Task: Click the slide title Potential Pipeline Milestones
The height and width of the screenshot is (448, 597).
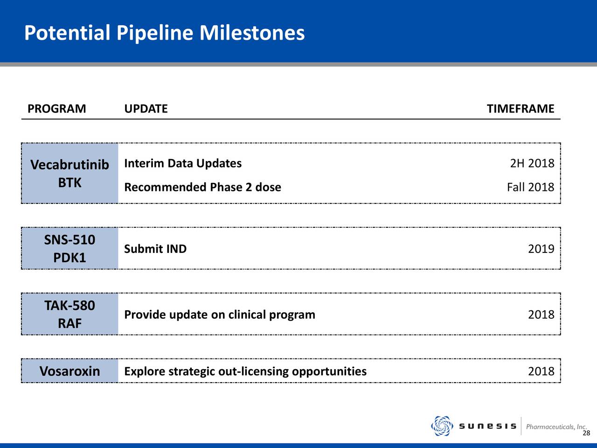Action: [165, 33]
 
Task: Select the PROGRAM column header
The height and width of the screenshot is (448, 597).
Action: [56, 109]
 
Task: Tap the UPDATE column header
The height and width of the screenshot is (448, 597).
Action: [146, 109]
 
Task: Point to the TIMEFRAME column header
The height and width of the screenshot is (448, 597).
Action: [521, 109]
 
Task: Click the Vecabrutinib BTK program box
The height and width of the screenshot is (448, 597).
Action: [69, 173]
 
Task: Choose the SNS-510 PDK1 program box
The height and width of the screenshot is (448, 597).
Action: [69, 248]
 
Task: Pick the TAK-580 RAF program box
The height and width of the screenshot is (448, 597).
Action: [69, 314]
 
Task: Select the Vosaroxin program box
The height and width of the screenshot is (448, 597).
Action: [69, 371]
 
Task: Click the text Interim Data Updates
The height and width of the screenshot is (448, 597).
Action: [183, 163]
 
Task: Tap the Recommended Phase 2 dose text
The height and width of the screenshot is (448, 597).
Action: [202, 187]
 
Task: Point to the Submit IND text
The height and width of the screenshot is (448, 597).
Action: [155, 249]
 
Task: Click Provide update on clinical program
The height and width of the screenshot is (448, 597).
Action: [220, 315]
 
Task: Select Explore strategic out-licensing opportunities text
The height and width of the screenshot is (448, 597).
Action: [245, 371]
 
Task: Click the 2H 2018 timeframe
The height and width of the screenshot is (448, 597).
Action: [532, 163]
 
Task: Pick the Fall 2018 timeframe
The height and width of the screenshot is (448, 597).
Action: [531, 187]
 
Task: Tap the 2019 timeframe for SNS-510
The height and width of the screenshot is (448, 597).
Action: [541, 249]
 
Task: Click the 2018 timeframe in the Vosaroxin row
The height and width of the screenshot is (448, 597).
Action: [541, 371]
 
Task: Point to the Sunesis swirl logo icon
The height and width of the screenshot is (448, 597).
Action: [442, 426]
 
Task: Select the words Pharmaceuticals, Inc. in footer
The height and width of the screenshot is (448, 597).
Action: [556, 427]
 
